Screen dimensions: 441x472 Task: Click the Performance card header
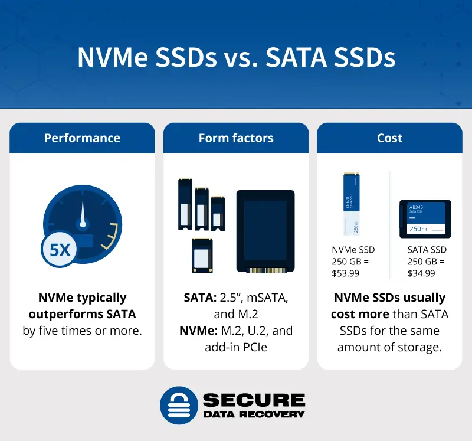point(82,138)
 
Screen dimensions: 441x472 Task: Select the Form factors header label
point(236,138)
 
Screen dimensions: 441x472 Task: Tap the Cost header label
point(389,138)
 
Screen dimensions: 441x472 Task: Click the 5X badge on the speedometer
point(60,250)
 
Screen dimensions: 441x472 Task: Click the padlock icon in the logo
point(178,405)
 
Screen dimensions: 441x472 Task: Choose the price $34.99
point(421,273)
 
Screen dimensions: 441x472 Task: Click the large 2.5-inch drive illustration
point(265,231)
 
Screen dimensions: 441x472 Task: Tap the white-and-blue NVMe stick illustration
point(351,204)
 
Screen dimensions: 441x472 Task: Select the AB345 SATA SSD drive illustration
point(425,218)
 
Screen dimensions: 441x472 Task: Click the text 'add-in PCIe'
point(236,347)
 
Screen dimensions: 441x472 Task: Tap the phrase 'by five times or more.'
point(83,331)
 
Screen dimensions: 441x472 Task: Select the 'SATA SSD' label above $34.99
point(427,250)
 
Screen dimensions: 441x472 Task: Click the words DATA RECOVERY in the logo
point(254,414)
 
